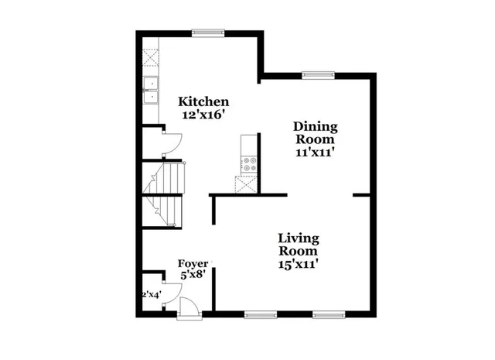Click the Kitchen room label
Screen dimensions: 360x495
pyautogui.click(x=203, y=101)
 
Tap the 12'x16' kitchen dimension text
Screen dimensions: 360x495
pyautogui.click(x=203, y=115)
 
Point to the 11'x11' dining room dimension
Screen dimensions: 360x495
pyautogui.click(x=315, y=152)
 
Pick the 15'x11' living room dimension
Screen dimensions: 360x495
pyautogui.click(x=299, y=264)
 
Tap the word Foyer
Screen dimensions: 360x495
pyautogui.click(x=193, y=263)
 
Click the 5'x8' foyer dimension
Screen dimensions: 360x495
pyautogui.click(x=193, y=276)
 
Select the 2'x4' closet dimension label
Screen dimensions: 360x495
pyautogui.click(x=151, y=294)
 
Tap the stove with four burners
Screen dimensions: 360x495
pyautogui.click(x=249, y=163)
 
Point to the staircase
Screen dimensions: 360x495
pyautogui.click(x=164, y=194)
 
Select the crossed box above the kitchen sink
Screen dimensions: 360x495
pyautogui.click(x=150, y=59)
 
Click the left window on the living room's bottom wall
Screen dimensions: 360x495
pyautogui.click(x=260, y=314)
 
